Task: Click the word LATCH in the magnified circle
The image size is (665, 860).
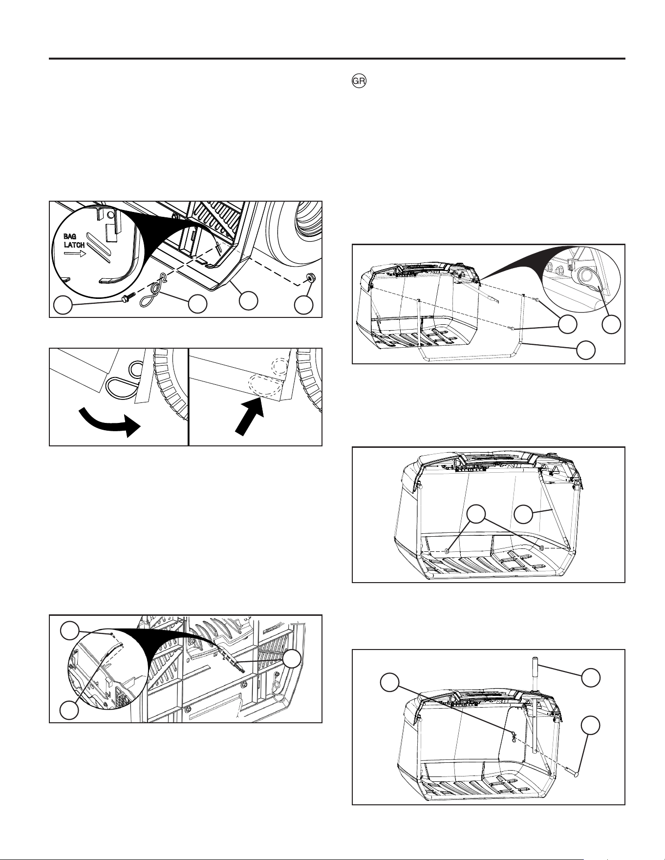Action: point(74,245)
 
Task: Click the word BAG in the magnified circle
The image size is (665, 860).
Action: point(70,237)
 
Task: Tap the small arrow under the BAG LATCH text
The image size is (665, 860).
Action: point(75,254)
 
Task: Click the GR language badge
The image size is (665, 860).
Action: point(359,82)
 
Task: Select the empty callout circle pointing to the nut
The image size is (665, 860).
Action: point(304,306)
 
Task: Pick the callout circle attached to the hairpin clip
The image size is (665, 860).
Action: point(197,304)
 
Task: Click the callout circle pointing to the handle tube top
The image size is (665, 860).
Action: point(591,677)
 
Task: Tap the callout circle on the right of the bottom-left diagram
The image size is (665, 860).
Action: point(293,659)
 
